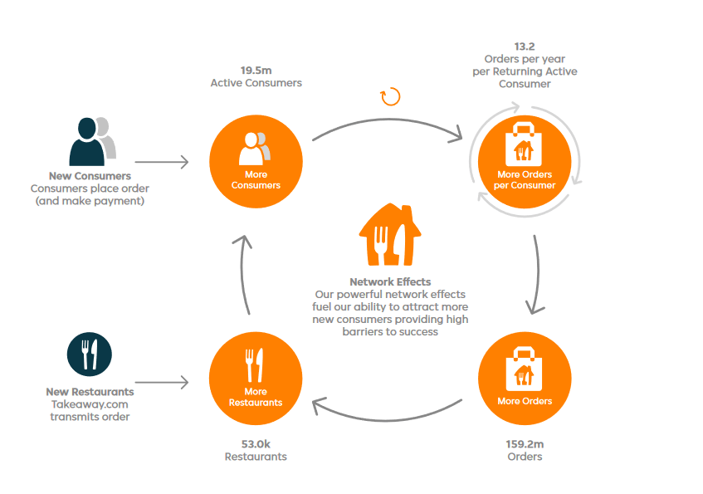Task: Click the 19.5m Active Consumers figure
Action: [x=256, y=70]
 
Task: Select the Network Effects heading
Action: [x=390, y=282]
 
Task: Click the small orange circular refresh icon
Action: [x=390, y=97]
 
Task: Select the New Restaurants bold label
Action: [x=90, y=392]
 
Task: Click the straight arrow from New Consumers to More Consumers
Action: [x=162, y=162]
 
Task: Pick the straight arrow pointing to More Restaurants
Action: [x=162, y=383]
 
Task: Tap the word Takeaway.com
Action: [x=90, y=404]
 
